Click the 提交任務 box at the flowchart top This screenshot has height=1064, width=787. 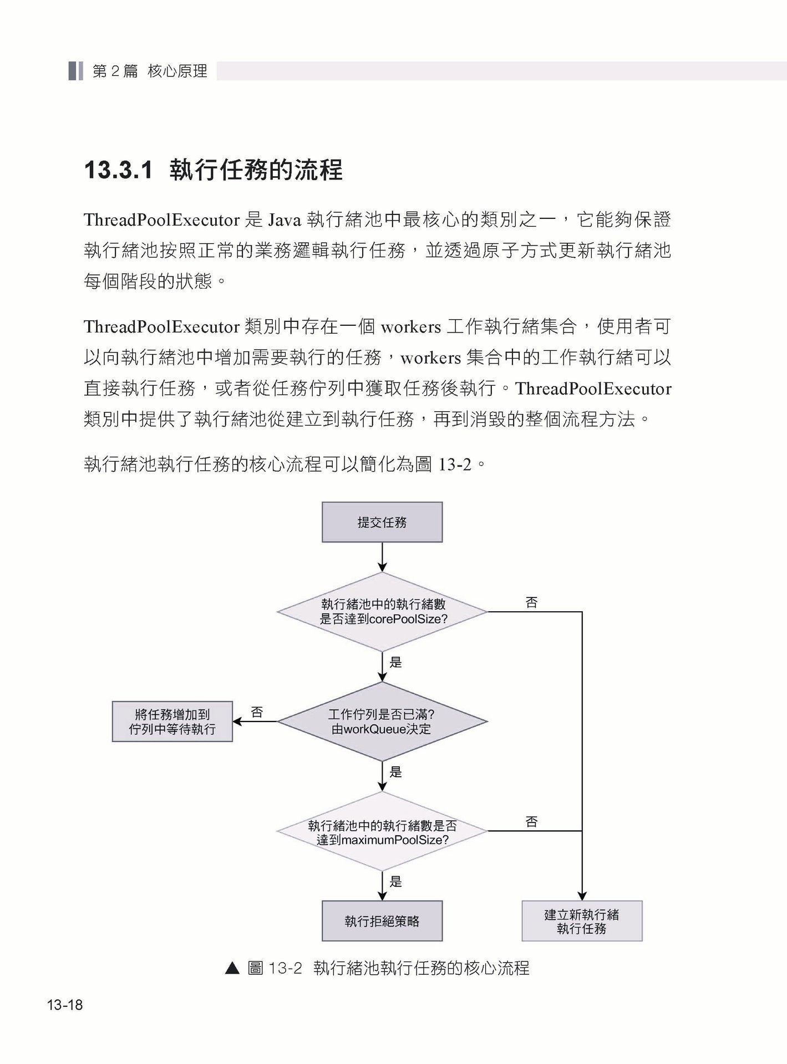click(x=382, y=522)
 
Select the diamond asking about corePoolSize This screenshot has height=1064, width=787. click(x=382, y=612)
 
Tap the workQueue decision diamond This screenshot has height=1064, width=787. click(x=382, y=722)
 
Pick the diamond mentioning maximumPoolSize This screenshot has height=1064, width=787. click(x=382, y=832)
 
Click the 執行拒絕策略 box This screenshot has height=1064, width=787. click(x=382, y=921)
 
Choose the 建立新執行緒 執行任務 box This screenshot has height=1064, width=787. click(x=582, y=921)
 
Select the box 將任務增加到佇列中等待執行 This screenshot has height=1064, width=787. click(x=172, y=722)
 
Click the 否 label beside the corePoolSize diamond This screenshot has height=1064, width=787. click(x=531, y=602)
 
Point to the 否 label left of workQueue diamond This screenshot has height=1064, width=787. click(x=257, y=712)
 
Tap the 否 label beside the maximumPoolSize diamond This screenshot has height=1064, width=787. click(x=531, y=822)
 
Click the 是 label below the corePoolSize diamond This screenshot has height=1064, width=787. click(x=395, y=662)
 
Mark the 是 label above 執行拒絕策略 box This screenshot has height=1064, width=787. click(x=395, y=882)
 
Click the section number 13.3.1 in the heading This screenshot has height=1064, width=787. click(x=118, y=170)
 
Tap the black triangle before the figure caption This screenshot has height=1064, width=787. click(x=232, y=968)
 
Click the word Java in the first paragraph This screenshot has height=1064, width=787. click(x=284, y=221)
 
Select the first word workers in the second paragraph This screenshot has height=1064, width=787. click(x=410, y=327)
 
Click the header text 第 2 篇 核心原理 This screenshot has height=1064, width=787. click(x=150, y=71)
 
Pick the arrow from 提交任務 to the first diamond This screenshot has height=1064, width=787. click(x=382, y=557)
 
